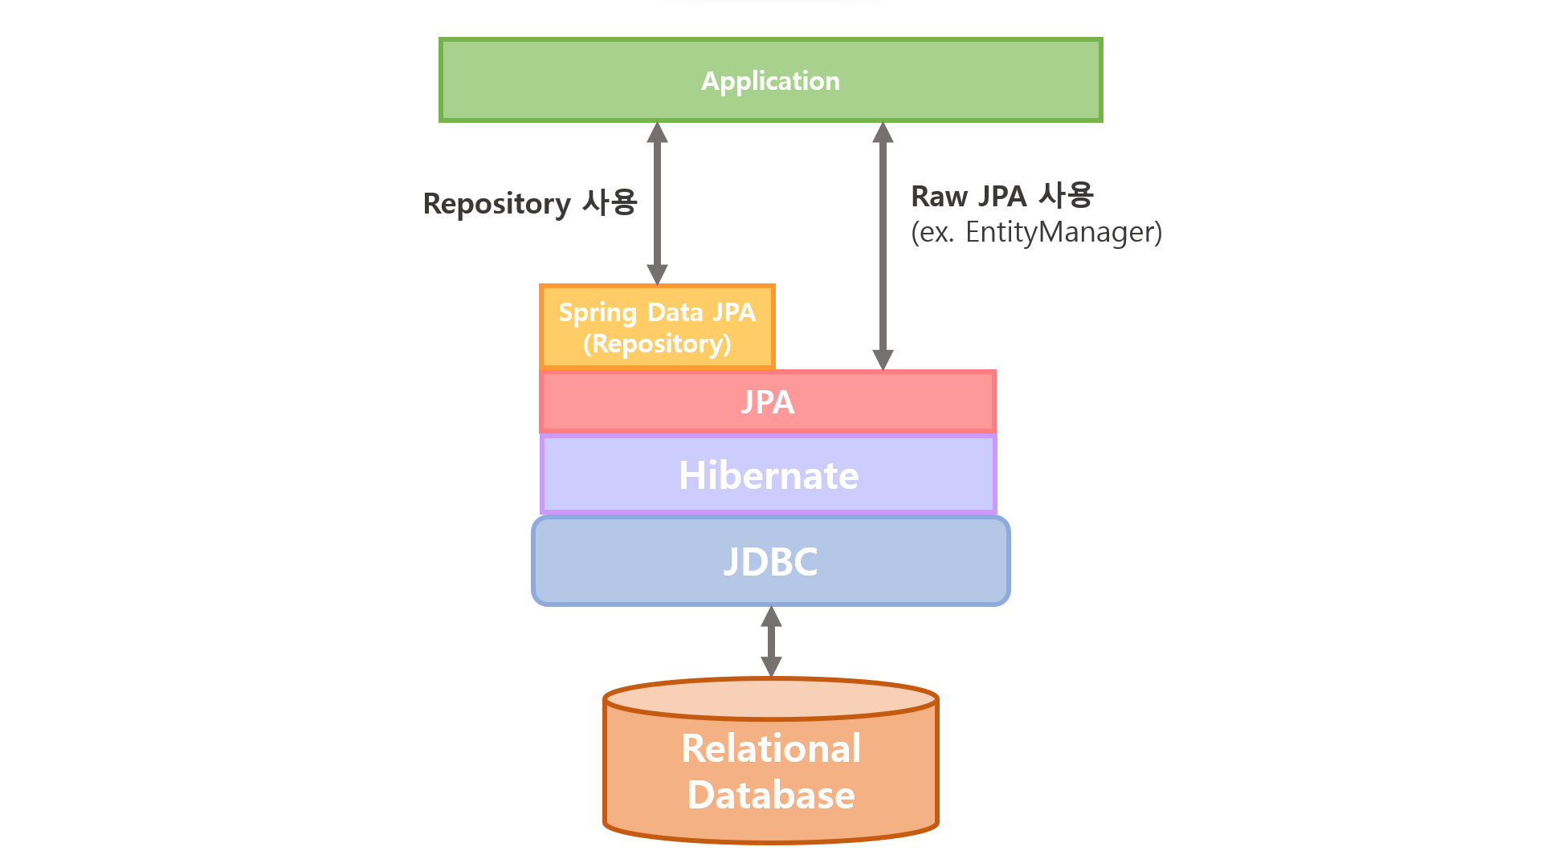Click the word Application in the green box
point(770,81)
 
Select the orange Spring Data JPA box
point(657,327)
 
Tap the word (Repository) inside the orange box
point(657,344)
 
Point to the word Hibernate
point(769,475)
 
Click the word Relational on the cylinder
point(771,748)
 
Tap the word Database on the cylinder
point(771,795)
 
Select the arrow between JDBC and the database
point(771,641)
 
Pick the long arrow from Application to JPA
point(883,245)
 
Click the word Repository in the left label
point(496,204)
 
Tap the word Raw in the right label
point(938,197)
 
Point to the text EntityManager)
point(1063,232)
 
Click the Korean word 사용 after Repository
point(610,202)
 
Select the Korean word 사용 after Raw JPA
point(1066,195)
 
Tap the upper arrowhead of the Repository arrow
point(657,132)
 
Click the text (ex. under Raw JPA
point(932,232)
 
